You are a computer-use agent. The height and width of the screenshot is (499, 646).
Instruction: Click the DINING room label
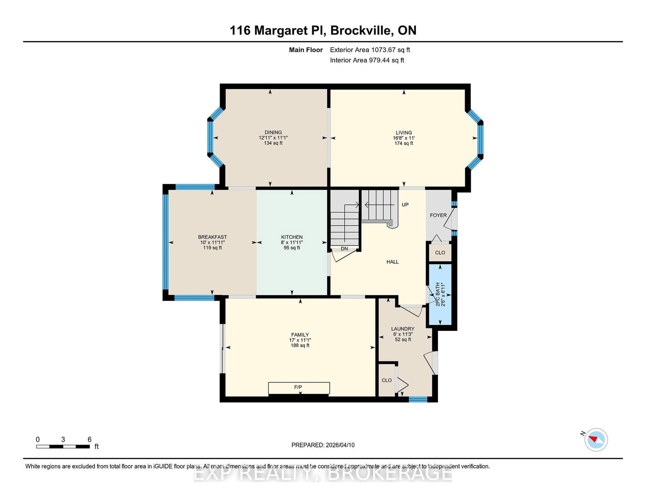tap(273, 132)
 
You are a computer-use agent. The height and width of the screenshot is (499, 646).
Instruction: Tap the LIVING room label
tap(404, 133)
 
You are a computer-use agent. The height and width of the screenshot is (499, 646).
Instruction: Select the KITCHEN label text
tap(292, 237)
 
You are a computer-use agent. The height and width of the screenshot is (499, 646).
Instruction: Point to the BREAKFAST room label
tap(212, 237)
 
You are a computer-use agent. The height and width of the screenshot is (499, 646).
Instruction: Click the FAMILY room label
tap(300, 335)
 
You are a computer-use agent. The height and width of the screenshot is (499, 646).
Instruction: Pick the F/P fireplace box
tap(299, 388)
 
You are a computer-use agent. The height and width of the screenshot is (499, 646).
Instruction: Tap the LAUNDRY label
tap(403, 329)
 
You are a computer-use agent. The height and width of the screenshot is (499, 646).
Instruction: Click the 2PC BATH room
tap(440, 294)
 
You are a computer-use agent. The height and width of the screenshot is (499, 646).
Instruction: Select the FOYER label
tap(438, 215)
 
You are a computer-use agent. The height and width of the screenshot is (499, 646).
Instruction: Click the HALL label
tap(392, 262)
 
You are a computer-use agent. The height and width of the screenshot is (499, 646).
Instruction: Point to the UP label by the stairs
tap(405, 205)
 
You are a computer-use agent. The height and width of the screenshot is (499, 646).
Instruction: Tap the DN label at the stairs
tap(344, 248)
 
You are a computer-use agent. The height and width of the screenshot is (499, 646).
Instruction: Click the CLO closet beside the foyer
tap(440, 253)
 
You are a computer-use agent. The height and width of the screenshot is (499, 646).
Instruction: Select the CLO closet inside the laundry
tap(387, 380)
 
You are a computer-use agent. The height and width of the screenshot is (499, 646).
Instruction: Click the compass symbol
tap(596, 440)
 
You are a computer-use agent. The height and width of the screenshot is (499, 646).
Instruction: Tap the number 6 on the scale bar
tap(90, 440)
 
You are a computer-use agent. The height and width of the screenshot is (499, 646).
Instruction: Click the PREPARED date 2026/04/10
tap(340, 445)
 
